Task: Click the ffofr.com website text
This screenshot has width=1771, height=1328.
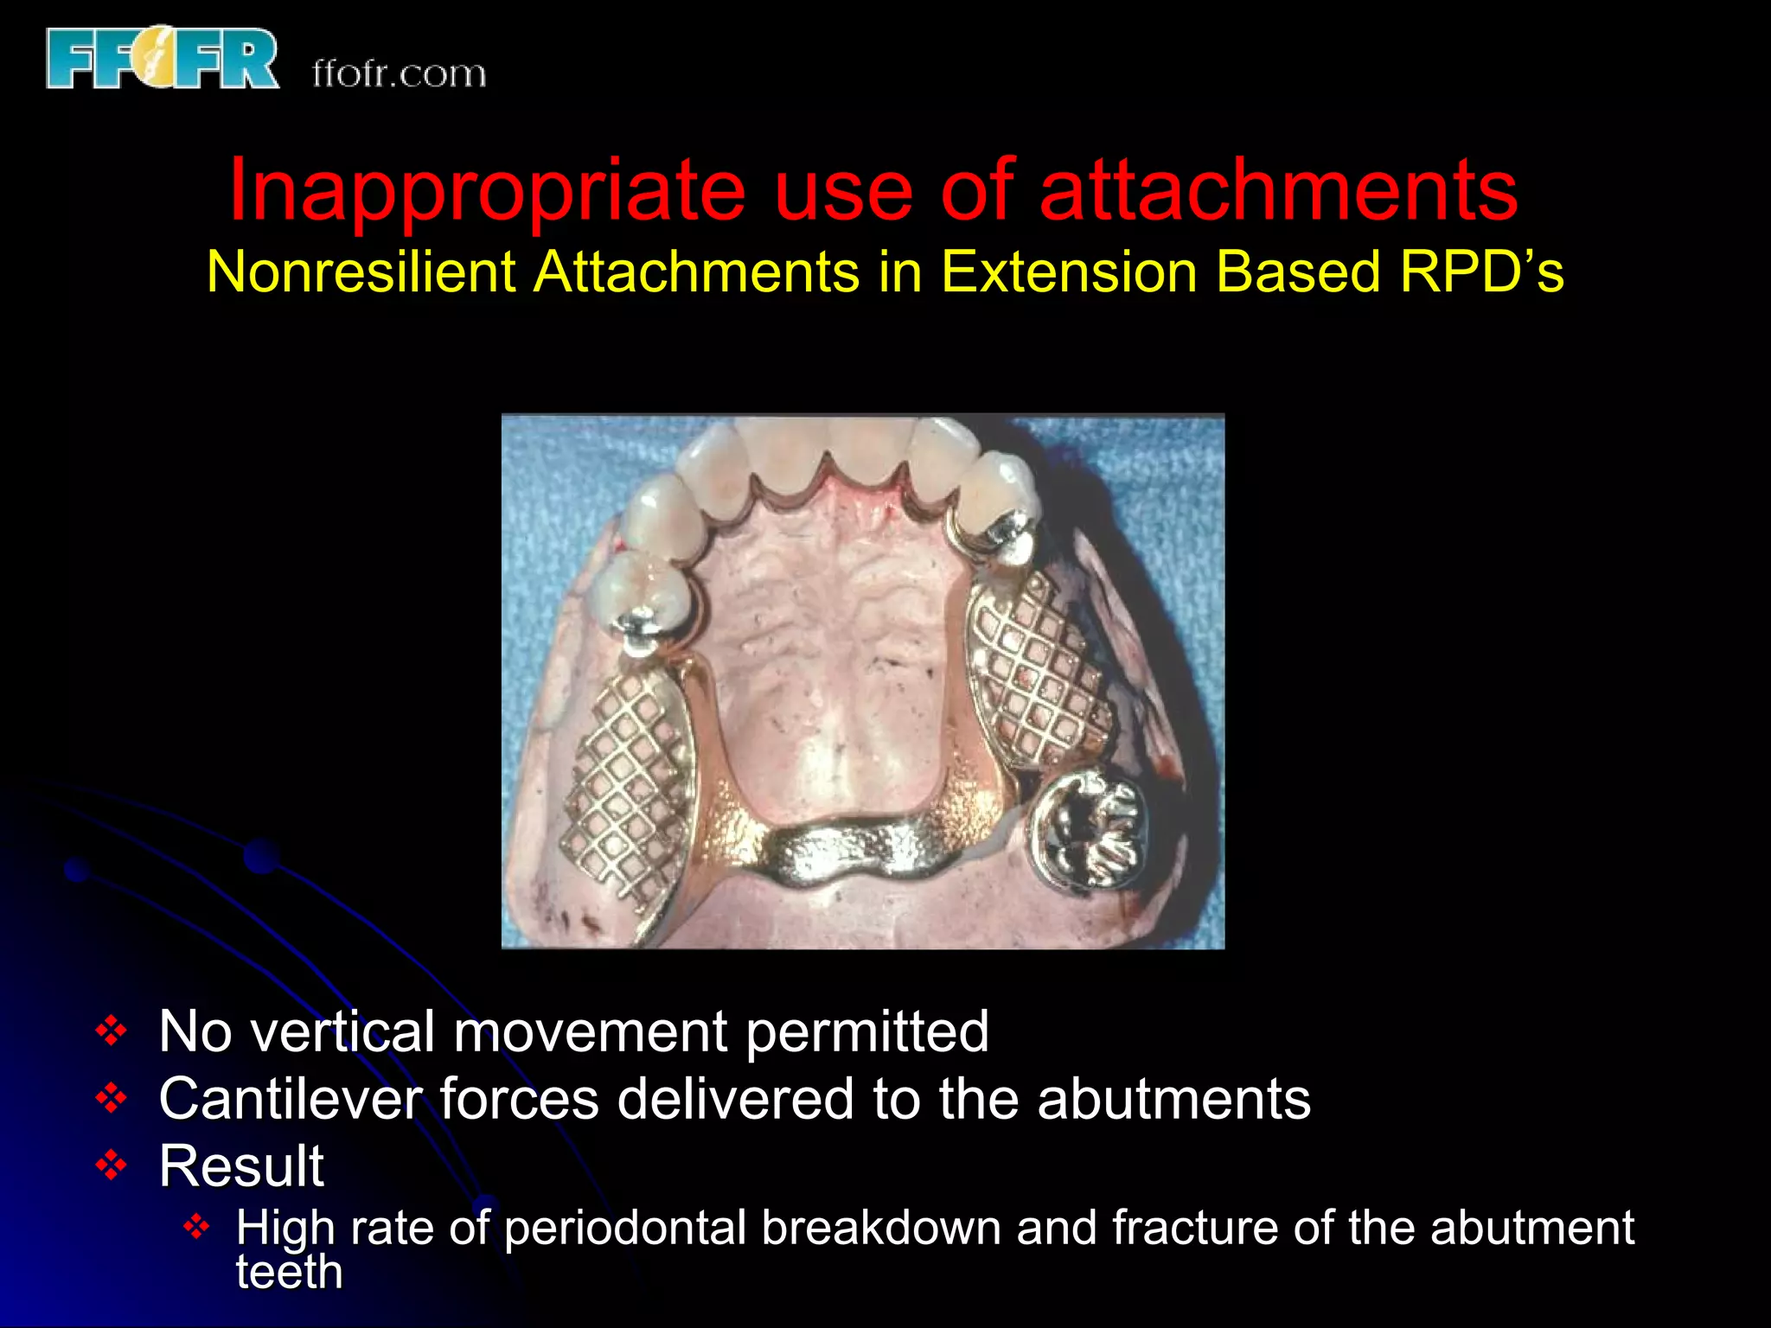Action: pyautogui.click(x=399, y=73)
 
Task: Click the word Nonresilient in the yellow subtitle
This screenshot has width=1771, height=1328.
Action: pyautogui.click(x=363, y=272)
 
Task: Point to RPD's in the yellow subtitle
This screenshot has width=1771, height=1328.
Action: pyautogui.click(x=1481, y=272)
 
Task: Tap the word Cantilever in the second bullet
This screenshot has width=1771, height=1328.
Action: pyautogui.click(x=291, y=1099)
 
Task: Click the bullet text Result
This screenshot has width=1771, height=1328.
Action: pyautogui.click(x=241, y=1166)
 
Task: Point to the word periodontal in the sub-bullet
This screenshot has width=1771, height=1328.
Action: pyautogui.click(x=624, y=1228)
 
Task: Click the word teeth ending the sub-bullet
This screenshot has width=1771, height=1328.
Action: pyautogui.click(x=289, y=1272)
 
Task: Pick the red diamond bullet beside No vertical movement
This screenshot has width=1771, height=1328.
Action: pyautogui.click(x=112, y=1031)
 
